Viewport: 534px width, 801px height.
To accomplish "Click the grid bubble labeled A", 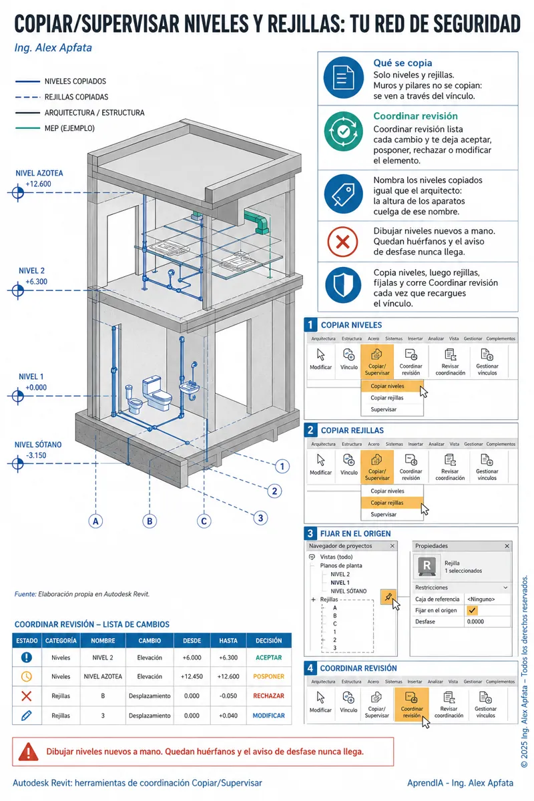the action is click(95, 521).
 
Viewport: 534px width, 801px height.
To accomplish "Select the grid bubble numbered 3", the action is click(260, 518).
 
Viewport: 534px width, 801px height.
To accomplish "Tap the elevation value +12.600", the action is click(38, 184).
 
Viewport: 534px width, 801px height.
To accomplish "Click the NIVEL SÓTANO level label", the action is click(38, 445).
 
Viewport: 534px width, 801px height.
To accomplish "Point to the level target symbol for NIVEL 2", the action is click(18, 290).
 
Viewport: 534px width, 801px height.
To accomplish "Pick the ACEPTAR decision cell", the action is click(268, 657).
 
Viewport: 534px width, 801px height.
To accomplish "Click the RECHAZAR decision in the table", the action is click(268, 696).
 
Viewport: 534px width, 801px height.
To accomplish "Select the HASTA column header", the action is click(228, 640).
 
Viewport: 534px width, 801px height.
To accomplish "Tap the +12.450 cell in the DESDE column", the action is click(192, 677).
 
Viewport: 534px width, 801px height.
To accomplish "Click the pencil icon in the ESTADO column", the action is click(27, 715).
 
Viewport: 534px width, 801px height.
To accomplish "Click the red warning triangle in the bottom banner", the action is click(28, 752).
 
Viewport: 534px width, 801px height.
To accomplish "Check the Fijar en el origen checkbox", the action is click(473, 610).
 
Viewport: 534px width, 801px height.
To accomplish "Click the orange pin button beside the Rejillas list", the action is click(388, 597).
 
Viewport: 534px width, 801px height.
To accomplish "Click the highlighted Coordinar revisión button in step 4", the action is click(412, 704).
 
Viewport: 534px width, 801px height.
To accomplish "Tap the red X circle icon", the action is click(342, 242).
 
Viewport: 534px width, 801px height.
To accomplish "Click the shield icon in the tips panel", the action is click(343, 285).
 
